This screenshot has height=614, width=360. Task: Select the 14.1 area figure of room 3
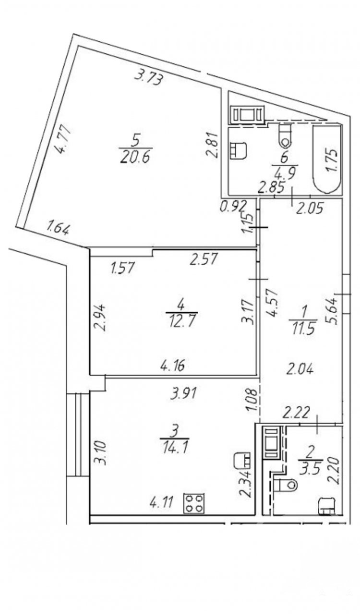(x=175, y=448)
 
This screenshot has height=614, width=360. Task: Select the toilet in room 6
(x=285, y=135)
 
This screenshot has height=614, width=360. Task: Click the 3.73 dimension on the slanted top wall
(x=150, y=78)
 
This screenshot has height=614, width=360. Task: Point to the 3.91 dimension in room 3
(x=183, y=394)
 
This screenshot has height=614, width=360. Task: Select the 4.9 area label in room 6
(x=286, y=174)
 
